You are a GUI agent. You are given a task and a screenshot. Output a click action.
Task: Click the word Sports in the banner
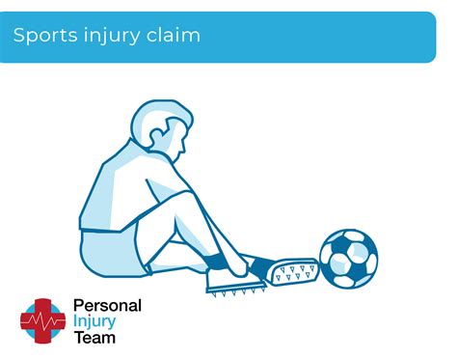click(40, 36)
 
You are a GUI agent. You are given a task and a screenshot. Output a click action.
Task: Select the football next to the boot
click(348, 258)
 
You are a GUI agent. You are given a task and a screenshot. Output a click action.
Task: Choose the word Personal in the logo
click(107, 306)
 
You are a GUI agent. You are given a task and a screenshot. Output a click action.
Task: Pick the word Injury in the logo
click(95, 321)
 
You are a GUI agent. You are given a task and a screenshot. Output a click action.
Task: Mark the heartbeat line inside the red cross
click(42, 319)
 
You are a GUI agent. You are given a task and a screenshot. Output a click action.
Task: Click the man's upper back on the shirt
click(111, 174)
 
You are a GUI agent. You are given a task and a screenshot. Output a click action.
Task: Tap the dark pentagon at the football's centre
click(348, 259)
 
